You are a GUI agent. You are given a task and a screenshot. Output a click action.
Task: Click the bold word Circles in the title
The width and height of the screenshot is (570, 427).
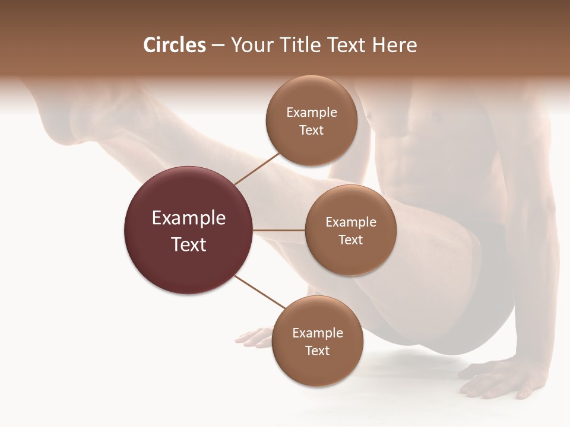tap(174, 45)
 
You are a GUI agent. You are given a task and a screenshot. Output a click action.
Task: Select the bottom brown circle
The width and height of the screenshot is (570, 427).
tap(317, 368)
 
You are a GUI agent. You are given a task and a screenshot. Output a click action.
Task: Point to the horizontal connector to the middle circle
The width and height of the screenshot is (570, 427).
tap(279, 230)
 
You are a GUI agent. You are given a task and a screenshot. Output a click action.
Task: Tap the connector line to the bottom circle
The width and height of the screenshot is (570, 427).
tap(260, 292)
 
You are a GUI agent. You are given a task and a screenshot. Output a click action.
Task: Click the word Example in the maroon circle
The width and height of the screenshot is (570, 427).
tap(189, 218)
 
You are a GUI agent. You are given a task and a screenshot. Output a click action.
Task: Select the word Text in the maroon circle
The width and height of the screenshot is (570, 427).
tap(189, 244)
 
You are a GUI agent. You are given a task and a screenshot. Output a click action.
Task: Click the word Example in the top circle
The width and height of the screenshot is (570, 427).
tap(312, 113)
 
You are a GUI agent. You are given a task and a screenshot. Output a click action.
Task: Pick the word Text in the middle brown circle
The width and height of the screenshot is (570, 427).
tap(350, 240)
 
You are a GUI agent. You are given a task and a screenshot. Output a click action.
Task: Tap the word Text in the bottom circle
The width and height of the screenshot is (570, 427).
tap(317, 351)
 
